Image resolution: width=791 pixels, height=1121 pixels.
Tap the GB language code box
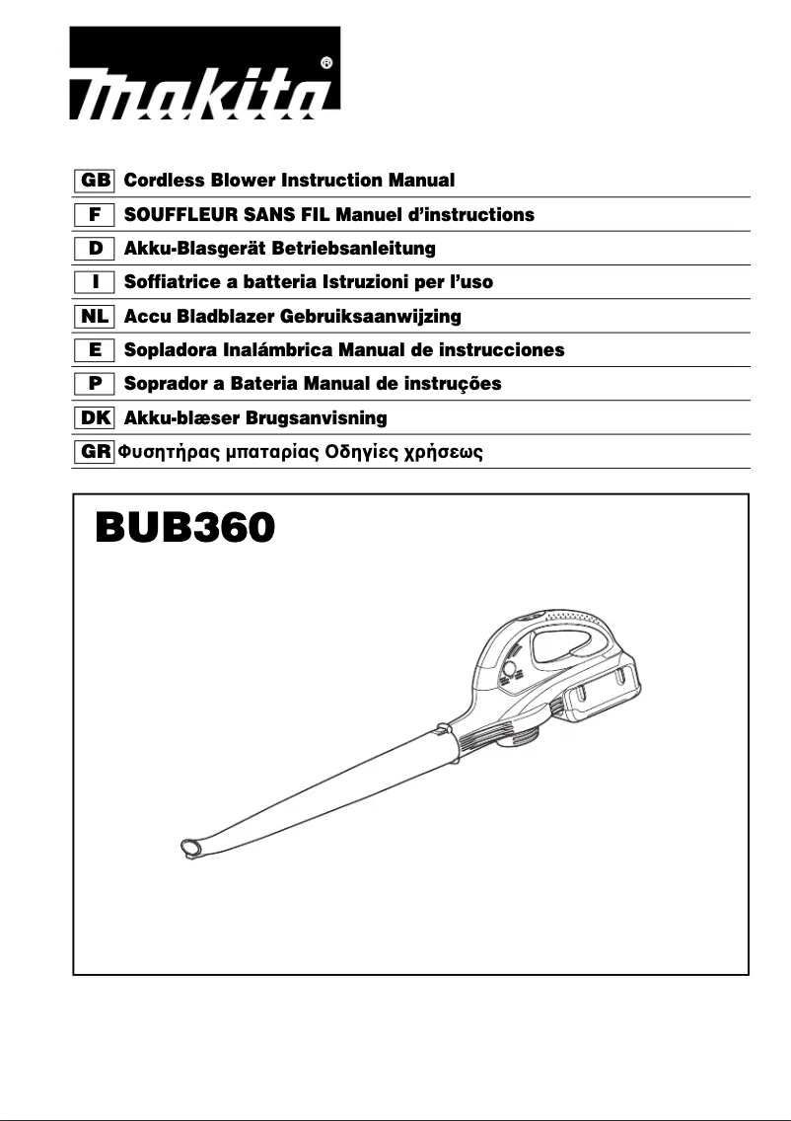click(95, 181)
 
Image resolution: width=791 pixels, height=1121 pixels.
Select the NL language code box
click(95, 317)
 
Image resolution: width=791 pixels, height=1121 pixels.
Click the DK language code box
click(95, 418)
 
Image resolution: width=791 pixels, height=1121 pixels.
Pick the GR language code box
click(95, 453)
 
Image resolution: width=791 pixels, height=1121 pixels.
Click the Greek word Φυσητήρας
click(165, 454)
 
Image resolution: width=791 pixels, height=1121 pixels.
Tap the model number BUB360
click(184, 528)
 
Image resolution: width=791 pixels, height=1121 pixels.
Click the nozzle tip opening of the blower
click(188, 847)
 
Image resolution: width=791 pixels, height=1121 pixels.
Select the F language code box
click(95, 214)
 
